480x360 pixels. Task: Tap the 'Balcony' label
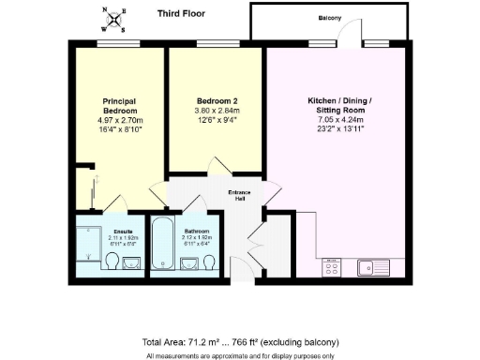tap(329, 18)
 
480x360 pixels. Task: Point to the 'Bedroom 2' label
tap(215, 99)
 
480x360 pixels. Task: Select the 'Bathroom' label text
tap(197, 230)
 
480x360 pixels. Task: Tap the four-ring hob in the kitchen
tap(333, 268)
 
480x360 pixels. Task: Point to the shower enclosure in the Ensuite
tap(88, 248)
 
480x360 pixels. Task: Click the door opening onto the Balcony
tap(348, 36)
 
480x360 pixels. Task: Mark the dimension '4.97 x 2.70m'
tap(121, 121)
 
